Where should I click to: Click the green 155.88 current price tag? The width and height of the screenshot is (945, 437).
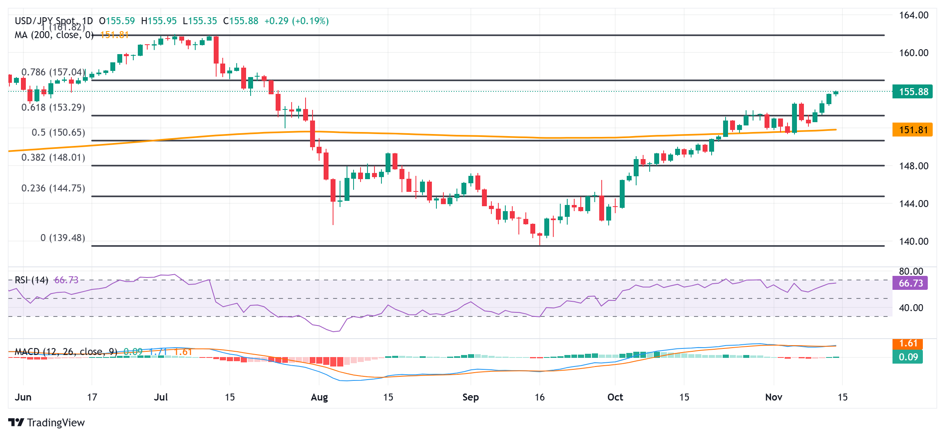[913, 91]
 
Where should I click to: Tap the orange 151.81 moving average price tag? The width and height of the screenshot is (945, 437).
[913, 130]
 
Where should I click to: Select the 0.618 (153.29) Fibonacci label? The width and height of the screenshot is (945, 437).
[53, 107]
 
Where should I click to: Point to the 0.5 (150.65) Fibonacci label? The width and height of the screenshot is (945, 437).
[58, 132]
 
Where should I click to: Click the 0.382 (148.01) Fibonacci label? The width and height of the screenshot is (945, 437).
[53, 157]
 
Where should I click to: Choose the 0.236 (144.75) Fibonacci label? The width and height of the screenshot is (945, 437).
[53, 188]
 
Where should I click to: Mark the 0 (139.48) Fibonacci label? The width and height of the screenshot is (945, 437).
[63, 238]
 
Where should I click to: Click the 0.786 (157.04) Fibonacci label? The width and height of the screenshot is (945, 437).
[53, 72]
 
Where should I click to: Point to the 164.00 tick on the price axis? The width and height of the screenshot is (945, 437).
[914, 15]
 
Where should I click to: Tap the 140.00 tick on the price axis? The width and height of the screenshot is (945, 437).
[914, 241]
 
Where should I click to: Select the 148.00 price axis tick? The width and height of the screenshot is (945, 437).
[914, 166]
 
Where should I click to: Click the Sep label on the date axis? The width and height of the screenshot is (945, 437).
[470, 397]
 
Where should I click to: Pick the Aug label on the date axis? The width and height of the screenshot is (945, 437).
[319, 397]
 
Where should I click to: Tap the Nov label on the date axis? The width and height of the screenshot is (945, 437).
[774, 397]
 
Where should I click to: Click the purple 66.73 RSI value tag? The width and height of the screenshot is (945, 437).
[911, 283]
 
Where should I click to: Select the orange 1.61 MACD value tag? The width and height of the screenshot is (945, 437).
[908, 344]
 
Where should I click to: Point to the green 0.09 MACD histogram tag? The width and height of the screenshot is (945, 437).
[908, 357]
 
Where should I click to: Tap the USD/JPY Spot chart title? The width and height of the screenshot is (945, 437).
[45, 21]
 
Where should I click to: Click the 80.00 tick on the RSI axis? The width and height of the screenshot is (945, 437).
[911, 271]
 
